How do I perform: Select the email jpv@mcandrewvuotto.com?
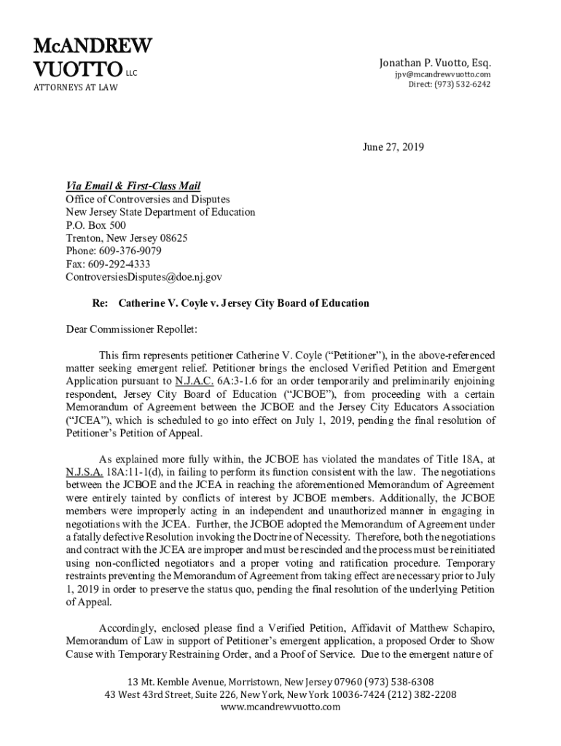(x=443, y=74)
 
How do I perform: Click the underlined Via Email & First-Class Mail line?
(x=133, y=186)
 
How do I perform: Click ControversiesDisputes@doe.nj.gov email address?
(x=144, y=278)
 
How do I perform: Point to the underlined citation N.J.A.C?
(x=194, y=381)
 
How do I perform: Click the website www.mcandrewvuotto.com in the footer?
(x=280, y=707)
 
